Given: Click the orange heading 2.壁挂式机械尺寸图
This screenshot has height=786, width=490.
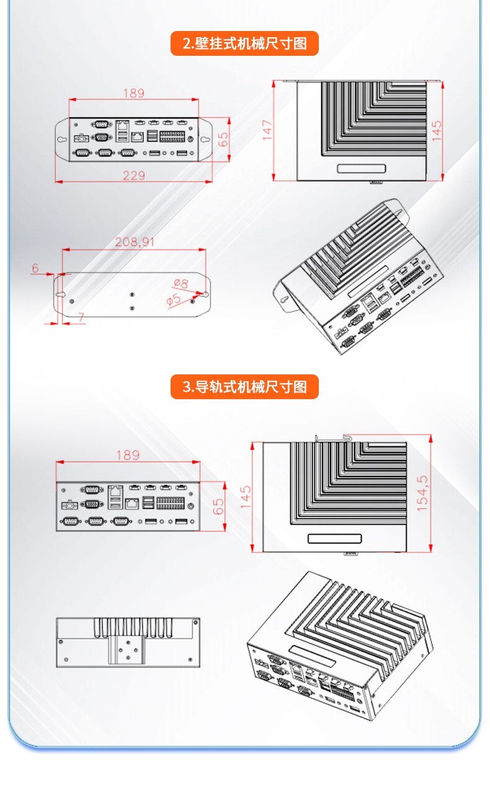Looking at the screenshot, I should [244, 43].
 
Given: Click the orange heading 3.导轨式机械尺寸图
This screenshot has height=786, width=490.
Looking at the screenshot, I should [244, 387].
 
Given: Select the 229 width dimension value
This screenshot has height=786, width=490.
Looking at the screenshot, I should [133, 175].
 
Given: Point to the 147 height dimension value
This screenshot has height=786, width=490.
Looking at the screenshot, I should [267, 130].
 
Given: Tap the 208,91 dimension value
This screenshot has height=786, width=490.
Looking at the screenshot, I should [135, 242].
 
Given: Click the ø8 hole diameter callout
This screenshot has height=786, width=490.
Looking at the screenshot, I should [180, 283].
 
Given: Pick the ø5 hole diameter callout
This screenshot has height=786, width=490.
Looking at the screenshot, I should [174, 300].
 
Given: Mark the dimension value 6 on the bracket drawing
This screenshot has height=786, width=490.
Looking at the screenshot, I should [35, 268].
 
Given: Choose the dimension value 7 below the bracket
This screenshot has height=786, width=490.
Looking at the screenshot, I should [81, 317].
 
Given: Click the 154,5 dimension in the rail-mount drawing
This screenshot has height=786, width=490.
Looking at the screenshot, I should [422, 493].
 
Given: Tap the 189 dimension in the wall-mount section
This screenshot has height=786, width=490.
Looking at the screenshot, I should [133, 93].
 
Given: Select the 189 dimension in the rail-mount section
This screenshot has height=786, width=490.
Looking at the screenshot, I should [128, 454].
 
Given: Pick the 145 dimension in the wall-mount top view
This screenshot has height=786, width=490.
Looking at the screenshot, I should [437, 130].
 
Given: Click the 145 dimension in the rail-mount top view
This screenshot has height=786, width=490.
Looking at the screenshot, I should [246, 497].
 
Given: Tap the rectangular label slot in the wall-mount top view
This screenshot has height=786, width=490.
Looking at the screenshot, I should [362, 169].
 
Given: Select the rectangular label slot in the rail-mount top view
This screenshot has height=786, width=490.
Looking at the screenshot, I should [335, 538].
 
